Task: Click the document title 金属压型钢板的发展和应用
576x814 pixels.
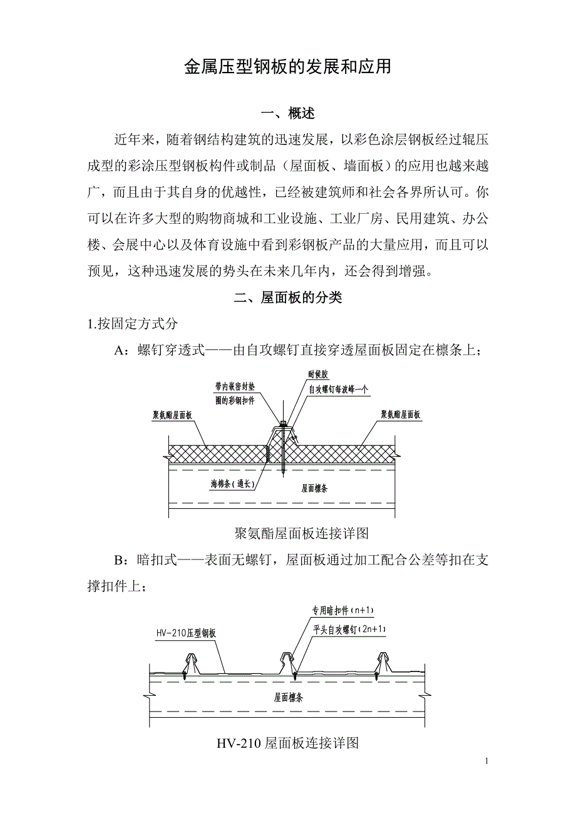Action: point(287,67)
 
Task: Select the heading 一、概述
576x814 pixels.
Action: point(287,113)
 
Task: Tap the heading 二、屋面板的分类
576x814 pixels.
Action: point(287,298)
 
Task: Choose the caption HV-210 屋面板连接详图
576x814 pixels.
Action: point(287,743)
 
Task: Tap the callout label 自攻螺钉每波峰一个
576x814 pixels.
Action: point(338,388)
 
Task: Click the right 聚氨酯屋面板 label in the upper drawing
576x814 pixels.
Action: point(401,414)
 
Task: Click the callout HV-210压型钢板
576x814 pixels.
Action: point(186,632)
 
